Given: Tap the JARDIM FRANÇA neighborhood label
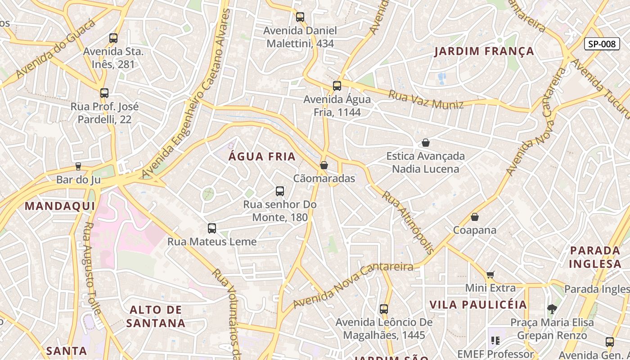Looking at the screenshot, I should click(484, 51).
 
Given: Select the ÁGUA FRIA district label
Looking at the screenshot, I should click(262, 157).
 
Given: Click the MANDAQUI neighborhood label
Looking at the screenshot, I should click(60, 206).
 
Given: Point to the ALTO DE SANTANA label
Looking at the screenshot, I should click(156, 316).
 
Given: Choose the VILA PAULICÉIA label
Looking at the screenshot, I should click(478, 305).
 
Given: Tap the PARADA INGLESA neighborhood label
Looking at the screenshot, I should click(595, 257).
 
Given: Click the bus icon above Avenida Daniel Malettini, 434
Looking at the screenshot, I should click(300, 17).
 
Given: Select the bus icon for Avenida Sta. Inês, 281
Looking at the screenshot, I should click(113, 38).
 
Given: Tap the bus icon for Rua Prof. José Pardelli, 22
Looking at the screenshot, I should click(104, 93).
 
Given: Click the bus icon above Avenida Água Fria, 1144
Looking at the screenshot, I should click(337, 85).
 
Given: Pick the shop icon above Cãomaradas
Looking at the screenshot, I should click(324, 165).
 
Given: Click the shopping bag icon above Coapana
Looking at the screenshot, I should click(474, 217).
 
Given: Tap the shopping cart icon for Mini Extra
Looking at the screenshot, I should click(490, 274).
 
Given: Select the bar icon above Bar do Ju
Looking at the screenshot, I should click(78, 166).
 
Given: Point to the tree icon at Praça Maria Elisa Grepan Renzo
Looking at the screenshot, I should click(552, 309).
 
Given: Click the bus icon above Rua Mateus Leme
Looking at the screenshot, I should click(212, 228).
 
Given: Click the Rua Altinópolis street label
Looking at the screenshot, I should click(408, 222).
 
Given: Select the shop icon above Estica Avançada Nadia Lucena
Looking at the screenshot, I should click(426, 143).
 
